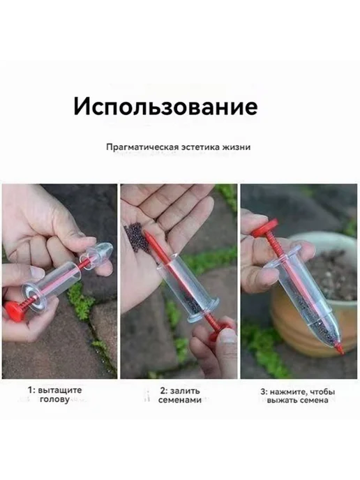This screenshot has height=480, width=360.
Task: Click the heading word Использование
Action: pos(165,106)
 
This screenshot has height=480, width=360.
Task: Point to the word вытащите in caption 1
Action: pos(60,390)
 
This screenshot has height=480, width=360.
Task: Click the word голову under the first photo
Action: pos(55,400)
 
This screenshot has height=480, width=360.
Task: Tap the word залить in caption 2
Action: pos(185,391)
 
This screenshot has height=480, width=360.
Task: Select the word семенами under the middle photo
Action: pos(180,400)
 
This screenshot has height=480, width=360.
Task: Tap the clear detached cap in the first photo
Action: pos(98,255)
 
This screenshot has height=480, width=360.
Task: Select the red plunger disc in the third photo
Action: pos(265,227)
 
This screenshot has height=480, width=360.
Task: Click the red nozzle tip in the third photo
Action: pos(339,349)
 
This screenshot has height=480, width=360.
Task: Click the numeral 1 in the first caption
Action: pos(30,390)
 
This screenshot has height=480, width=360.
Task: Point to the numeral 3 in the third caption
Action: pos(262,392)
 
